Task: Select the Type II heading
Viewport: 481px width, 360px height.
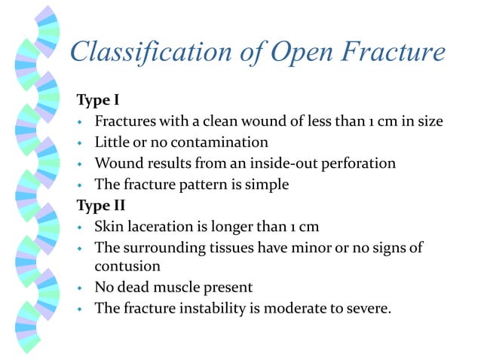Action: click(100, 205)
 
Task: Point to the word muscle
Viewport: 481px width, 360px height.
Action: click(176, 287)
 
